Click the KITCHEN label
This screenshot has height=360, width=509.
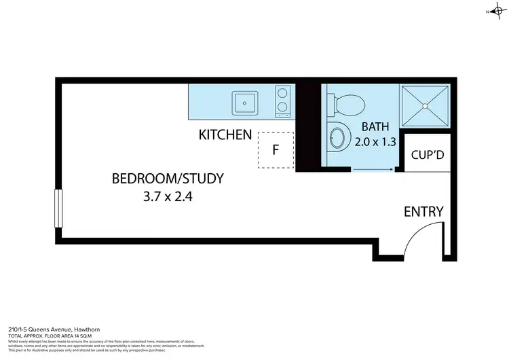pyautogui.click(x=225, y=134)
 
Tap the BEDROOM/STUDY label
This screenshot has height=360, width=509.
pyautogui.click(x=167, y=179)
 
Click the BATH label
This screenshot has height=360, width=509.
pyautogui.click(x=375, y=126)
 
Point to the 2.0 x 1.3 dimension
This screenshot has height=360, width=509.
pyautogui.click(x=375, y=143)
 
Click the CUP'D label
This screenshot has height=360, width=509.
pyautogui.click(x=428, y=155)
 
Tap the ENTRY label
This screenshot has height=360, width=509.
pyautogui.click(x=423, y=211)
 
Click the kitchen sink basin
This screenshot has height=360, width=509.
pyautogui.click(x=244, y=103)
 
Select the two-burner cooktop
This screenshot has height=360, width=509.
pyautogui.click(x=283, y=101)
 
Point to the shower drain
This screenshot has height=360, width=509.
pyautogui.click(x=425, y=105)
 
